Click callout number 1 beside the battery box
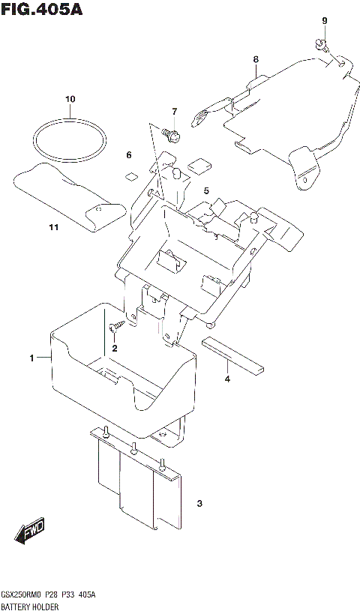click(32, 358)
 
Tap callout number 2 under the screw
click(115, 348)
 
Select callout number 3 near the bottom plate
click(198, 504)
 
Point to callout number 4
click(227, 379)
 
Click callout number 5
click(205, 192)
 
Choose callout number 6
click(128, 155)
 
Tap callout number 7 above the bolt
click(174, 112)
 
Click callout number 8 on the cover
click(256, 59)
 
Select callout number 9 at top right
click(325, 20)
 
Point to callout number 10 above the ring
click(70, 99)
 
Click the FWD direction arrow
click(29, 532)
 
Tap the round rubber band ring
click(69, 139)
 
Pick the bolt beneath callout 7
click(170, 135)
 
